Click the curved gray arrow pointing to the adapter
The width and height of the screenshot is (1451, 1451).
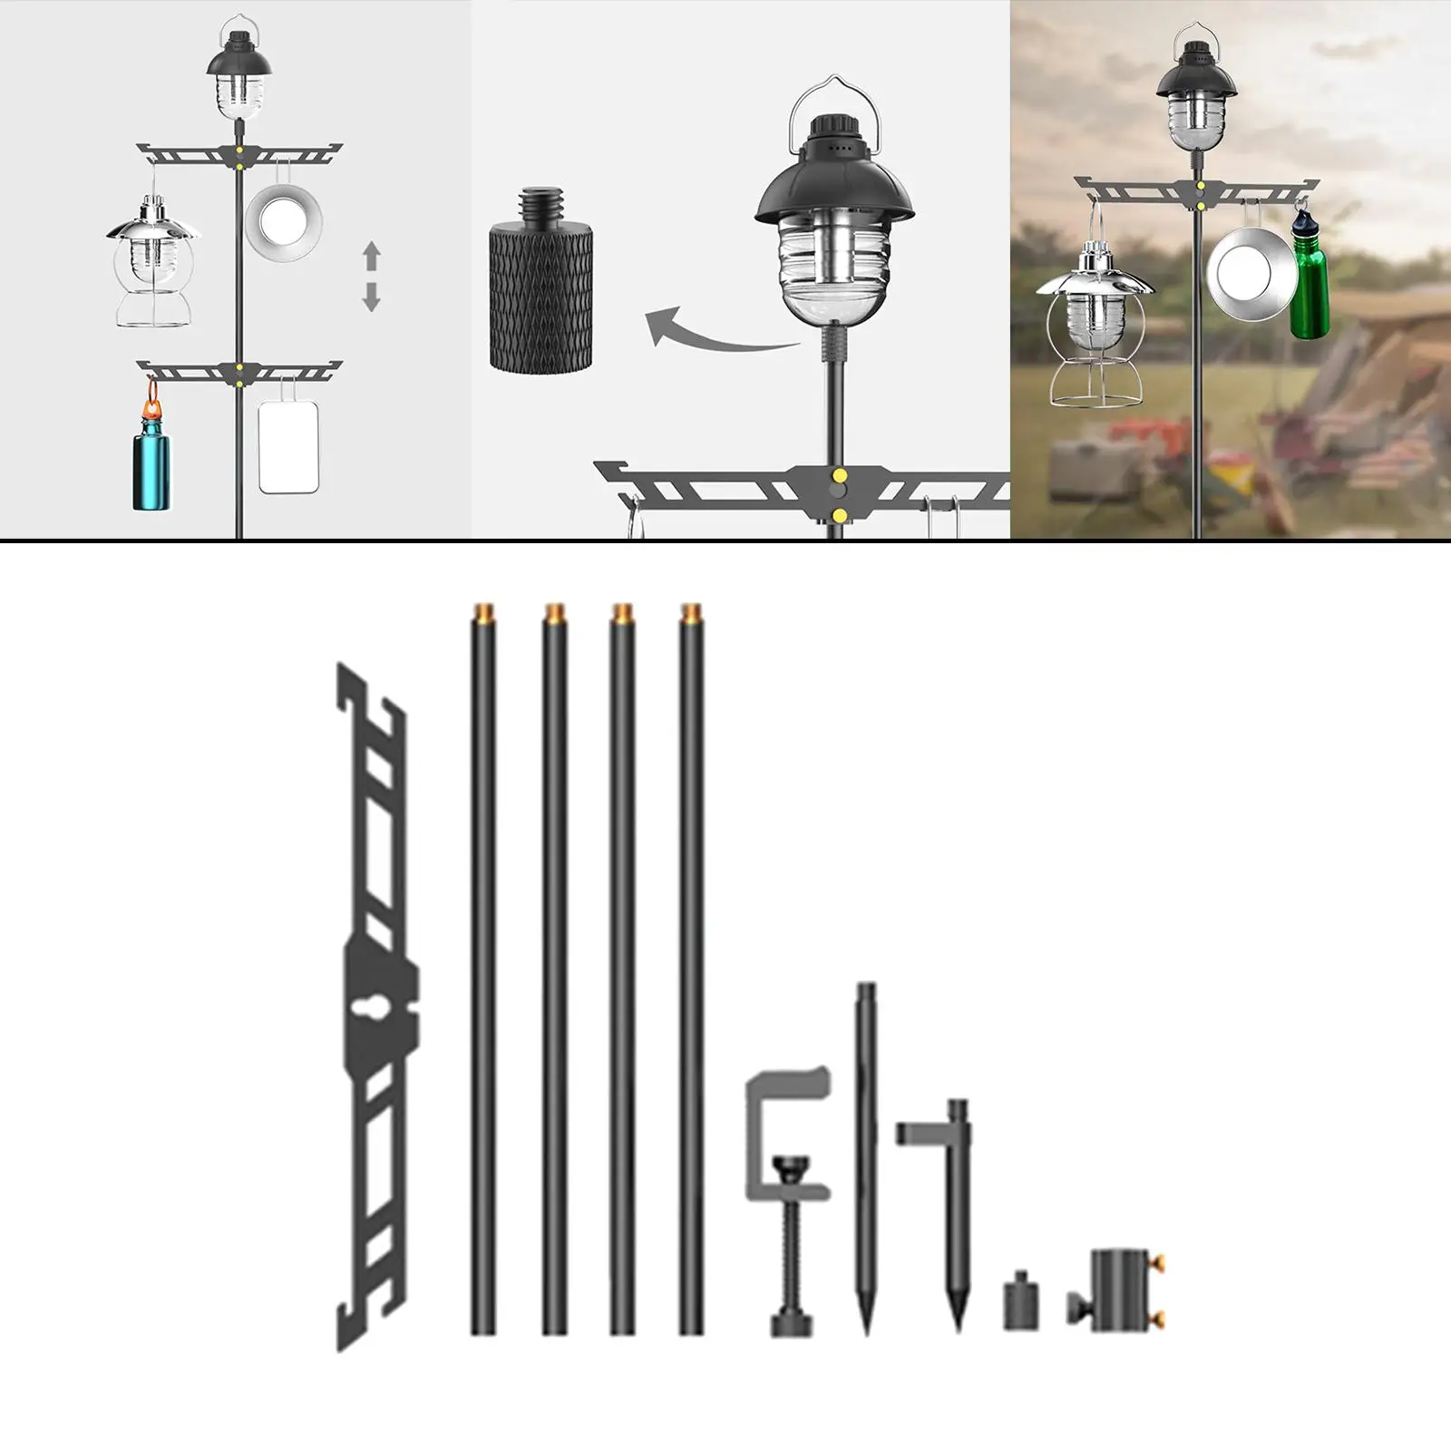point(716,334)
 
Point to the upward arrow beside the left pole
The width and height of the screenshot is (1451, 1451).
point(371,256)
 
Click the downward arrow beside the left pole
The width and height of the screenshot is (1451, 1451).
point(371,297)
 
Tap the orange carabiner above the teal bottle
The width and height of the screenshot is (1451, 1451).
point(152,395)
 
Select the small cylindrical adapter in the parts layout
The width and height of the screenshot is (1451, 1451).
point(1021,1303)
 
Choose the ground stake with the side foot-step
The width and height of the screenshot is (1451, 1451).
point(952,1206)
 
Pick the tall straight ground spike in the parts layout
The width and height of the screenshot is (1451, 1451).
point(866,1152)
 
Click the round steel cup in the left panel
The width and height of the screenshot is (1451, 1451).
point(284,219)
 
